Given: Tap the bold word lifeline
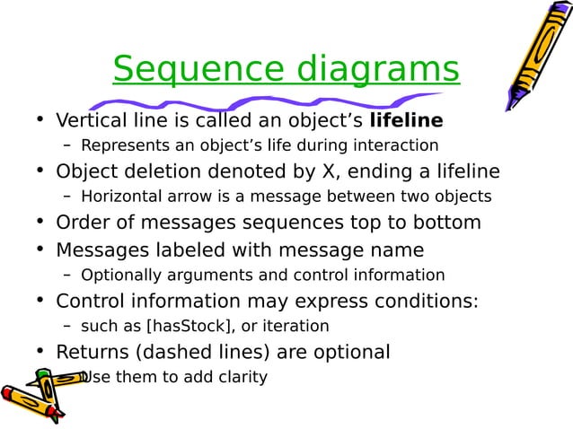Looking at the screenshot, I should coord(406,120).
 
